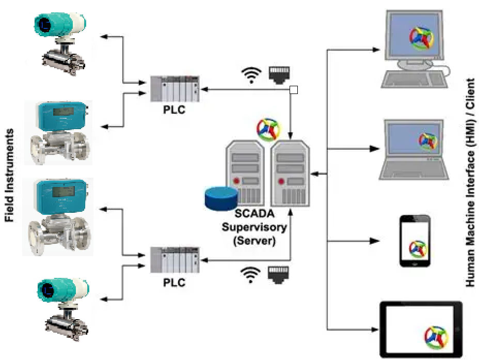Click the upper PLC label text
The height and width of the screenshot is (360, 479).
coord(173,109)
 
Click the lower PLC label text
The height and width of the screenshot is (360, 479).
coord(173,283)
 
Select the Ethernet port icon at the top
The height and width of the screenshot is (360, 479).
coord(278,74)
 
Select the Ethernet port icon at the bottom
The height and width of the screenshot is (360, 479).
coord(278,274)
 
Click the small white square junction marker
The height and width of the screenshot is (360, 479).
coord(294,90)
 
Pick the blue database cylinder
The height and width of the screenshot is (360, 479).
coord(221,198)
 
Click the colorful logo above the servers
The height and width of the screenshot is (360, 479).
coord(268,130)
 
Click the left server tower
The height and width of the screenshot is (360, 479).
coord(245,174)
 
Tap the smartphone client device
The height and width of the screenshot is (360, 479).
coord(415,241)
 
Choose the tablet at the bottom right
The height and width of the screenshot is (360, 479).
coord(421,328)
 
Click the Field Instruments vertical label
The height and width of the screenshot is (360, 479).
coord(9,176)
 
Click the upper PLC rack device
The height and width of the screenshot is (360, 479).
coord(174,89)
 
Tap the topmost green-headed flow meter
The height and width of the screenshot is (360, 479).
coord(60,39)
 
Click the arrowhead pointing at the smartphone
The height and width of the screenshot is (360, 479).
coord(375,241)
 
